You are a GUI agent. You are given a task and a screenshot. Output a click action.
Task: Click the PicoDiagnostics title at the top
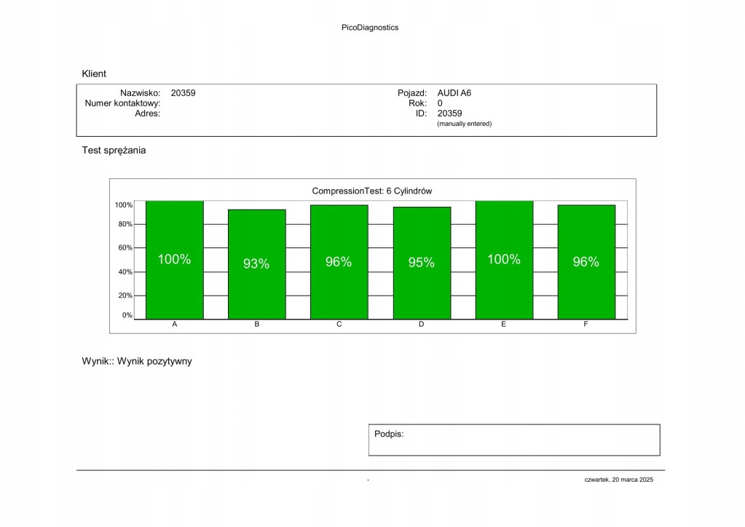[x=370, y=28]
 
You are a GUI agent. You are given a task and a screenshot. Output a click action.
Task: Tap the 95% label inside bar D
[x=421, y=263]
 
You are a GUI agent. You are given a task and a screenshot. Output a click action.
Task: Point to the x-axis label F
[x=586, y=324]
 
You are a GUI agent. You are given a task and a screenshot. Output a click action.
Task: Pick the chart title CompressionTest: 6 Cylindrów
[x=372, y=191]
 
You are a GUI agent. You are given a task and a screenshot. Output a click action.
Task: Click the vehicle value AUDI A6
[x=454, y=93]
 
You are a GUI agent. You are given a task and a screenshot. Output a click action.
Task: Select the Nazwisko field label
[x=140, y=93]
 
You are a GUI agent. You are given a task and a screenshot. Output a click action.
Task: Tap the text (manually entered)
[x=464, y=124]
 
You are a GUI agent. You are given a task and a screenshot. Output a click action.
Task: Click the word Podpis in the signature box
[x=388, y=434]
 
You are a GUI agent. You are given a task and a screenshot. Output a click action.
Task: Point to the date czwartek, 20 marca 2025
[x=618, y=480]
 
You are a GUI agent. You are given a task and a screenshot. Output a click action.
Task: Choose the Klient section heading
[x=94, y=74]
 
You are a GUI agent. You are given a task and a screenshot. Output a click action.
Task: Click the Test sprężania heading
[x=114, y=151]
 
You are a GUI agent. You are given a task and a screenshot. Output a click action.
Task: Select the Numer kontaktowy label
[x=122, y=103]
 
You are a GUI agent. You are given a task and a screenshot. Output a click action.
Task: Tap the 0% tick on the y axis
[x=127, y=315]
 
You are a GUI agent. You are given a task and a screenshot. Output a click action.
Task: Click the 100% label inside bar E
[x=503, y=259]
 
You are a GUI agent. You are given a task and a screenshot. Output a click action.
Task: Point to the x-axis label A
[x=174, y=324]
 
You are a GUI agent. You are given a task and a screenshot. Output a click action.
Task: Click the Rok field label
[x=417, y=103]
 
